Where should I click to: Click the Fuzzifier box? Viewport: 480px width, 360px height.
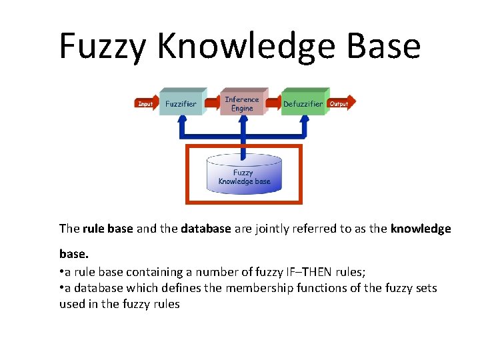click(x=181, y=103)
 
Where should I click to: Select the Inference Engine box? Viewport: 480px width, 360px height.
click(x=242, y=103)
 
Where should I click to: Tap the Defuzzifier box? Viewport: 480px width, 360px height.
click(x=303, y=103)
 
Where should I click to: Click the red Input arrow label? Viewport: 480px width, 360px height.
click(x=145, y=103)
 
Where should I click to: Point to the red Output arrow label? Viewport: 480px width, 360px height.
click(x=339, y=103)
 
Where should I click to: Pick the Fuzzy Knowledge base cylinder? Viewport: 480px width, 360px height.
click(x=244, y=175)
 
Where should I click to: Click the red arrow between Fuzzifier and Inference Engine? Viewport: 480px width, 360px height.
click(x=211, y=103)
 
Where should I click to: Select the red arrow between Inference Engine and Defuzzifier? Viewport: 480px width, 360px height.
click(x=272, y=103)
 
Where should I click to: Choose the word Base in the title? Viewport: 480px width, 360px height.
click(x=381, y=47)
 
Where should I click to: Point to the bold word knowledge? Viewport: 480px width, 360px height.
click(x=421, y=229)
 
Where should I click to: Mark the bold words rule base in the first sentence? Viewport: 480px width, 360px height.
click(x=108, y=229)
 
